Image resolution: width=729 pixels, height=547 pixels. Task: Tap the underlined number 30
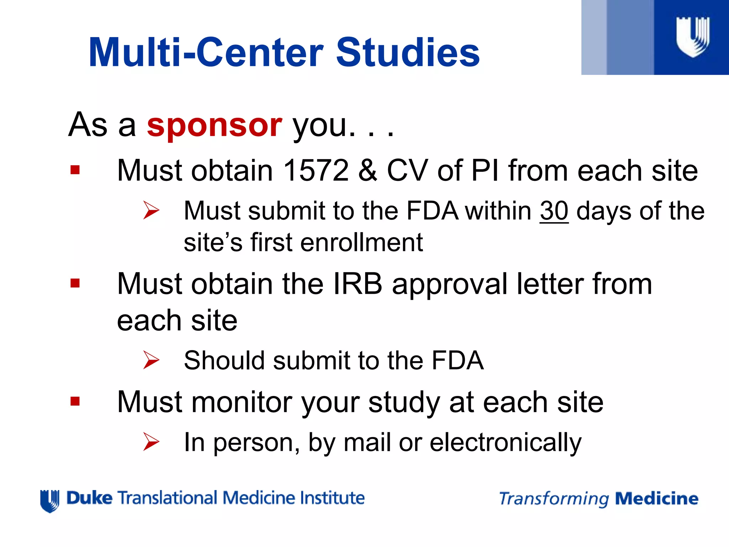pyautogui.click(x=554, y=211)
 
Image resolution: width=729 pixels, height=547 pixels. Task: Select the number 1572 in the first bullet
pyautogui.click(x=316, y=171)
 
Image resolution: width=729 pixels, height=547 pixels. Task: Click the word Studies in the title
pyautogui.click(x=408, y=53)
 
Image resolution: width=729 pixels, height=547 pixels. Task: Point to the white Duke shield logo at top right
pyautogui.click(x=692, y=37)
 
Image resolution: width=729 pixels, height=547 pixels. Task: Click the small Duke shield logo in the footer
pyautogui.click(x=49, y=501)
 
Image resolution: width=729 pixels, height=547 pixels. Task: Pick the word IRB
pyautogui.click(x=357, y=284)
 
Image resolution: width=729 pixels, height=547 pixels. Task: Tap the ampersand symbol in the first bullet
pyautogui.click(x=368, y=171)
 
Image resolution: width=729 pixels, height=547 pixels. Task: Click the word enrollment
pyautogui.click(x=361, y=243)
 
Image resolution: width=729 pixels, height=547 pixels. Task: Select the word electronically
pyautogui.click(x=505, y=443)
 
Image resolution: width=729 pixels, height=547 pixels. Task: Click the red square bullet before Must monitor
pyautogui.click(x=75, y=402)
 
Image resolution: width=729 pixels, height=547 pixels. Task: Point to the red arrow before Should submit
pyautogui.click(x=151, y=360)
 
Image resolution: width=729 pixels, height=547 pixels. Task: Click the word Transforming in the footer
pyautogui.click(x=554, y=499)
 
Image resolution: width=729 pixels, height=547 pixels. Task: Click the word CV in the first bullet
pyautogui.click(x=407, y=171)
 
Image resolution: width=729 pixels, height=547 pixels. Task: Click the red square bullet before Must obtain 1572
pyautogui.click(x=75, y=170)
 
